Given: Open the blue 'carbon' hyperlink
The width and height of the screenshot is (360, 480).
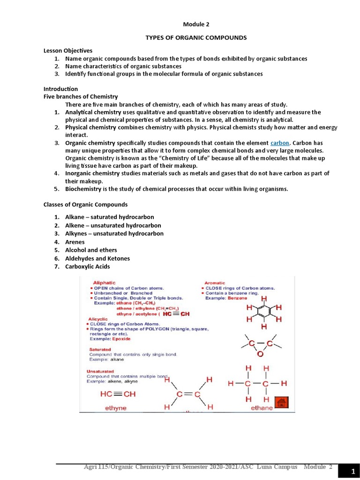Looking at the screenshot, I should coord(280,142).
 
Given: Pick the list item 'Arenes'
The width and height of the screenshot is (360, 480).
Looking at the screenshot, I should coord(75,242).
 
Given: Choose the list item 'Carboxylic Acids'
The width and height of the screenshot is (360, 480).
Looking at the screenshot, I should coord(88,267).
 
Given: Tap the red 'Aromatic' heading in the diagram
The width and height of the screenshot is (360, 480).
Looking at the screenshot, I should coord(215,283).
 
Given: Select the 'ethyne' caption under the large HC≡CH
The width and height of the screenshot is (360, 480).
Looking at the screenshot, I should coord(115,408).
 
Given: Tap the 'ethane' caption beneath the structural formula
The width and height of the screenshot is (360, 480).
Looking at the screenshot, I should coord(262,408).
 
